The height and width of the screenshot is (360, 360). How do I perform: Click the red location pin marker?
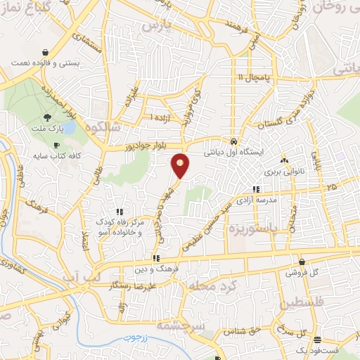click(x=181, y=166)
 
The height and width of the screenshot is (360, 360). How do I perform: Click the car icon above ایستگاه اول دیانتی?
click(x=233, y=139)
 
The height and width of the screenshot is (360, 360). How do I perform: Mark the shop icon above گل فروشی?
click(x=302, y=261)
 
